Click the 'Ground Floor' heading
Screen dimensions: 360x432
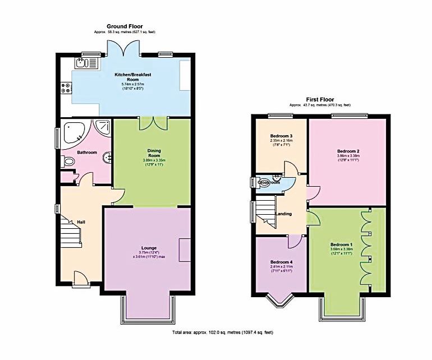click(x=125, y=26)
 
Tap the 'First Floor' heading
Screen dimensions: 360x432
click(x=320, y=99)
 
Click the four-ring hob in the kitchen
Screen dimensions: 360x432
click(x=66, y=87)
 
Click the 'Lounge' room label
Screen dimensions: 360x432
click(x=149, y=247)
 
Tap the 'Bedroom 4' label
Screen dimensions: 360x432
click(x=281, y=262)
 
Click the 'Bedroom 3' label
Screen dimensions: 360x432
click(x=282, y=136)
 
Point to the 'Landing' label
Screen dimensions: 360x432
click(x=284, y=213)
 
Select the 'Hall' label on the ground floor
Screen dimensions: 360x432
click(x=81, y=222)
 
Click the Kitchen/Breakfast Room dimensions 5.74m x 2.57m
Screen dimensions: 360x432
click(x=133, y=84)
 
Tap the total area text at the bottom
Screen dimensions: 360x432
click(x=223, y=333)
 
